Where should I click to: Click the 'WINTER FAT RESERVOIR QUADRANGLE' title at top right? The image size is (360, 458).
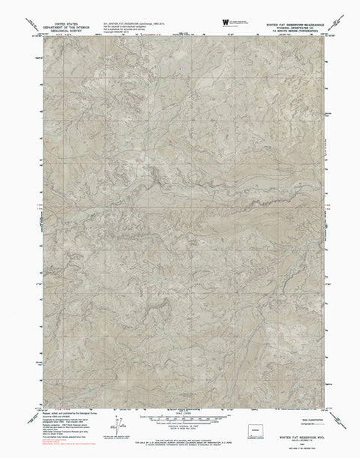[x=277, y=21]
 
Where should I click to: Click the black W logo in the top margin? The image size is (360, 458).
[x=226, y=22]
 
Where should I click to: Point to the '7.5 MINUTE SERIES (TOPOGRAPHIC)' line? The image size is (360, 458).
[x=277, y=32]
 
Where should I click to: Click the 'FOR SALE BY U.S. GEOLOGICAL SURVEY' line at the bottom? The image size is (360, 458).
[x=180, y=443]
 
